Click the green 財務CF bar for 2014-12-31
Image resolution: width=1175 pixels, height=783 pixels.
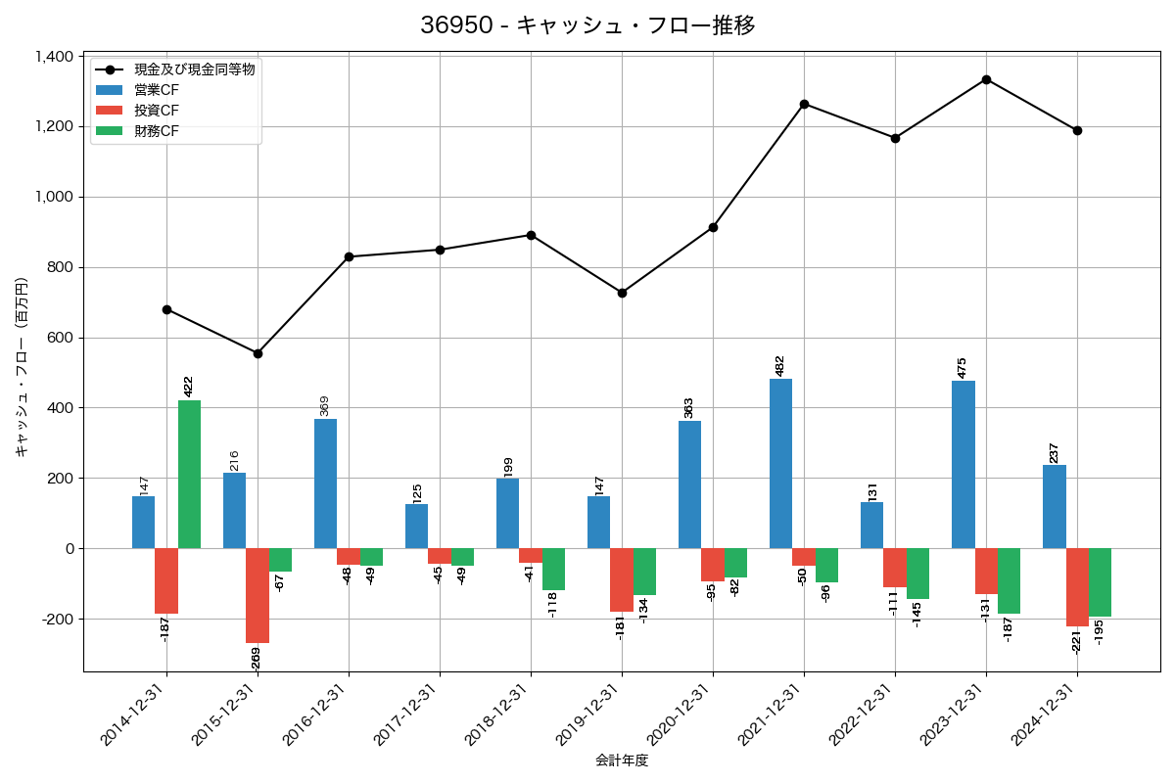tap(189, 475)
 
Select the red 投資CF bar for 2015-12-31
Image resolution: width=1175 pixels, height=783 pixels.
tap(258, 595)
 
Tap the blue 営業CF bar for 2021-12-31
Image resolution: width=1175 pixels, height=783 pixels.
tap(780, 463)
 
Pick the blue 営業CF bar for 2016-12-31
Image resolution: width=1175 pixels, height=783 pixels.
tap(325, 484)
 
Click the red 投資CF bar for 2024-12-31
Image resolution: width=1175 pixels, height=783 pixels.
tap(1077, 587)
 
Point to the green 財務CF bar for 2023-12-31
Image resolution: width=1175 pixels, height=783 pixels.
tap(1009, 580)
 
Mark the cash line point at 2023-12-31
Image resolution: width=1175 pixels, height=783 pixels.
tap(986, 79)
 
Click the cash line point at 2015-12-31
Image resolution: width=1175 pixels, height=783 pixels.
tap(258, 353)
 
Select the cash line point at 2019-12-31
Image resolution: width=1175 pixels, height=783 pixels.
tap(622, 293)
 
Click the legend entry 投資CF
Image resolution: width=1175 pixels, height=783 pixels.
tap(157, 110)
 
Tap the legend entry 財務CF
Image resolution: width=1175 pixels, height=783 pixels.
tap(157, 130)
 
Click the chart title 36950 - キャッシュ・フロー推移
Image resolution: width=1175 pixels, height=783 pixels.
tap(587, 25)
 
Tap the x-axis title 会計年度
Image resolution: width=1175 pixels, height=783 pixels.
tap(622, 760)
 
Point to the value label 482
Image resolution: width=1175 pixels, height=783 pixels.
tap(780, 365)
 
